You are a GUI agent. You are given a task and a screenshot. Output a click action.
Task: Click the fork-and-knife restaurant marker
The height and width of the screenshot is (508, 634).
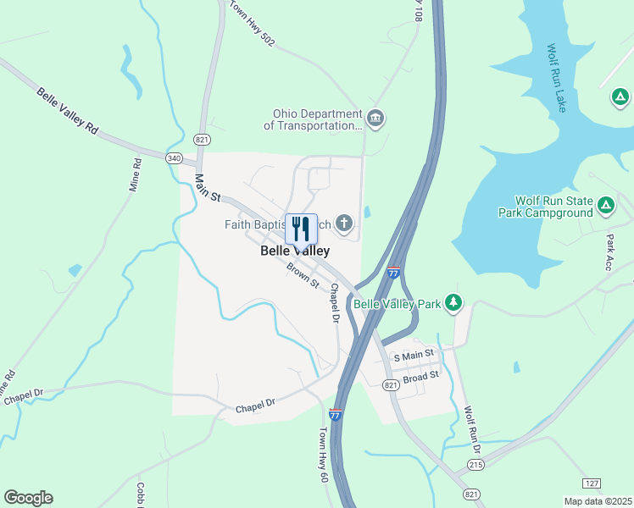301,229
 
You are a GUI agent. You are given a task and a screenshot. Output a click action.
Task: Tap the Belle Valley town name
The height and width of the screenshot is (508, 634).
294,251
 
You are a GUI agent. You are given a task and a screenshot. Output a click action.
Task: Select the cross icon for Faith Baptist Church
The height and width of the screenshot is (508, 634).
343,224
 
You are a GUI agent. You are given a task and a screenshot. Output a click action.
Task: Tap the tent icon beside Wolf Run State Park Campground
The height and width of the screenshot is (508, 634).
606,205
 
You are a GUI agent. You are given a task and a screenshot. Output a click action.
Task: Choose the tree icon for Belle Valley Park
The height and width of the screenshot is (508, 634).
454,302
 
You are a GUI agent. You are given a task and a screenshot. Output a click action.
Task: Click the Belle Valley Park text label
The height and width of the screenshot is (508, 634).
398,303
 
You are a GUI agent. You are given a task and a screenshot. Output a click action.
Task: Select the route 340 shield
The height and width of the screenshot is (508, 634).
175,157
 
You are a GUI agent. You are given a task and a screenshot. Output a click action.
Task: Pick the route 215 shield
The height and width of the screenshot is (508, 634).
476,466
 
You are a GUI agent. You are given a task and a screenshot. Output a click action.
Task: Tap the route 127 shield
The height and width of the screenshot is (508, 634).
592,483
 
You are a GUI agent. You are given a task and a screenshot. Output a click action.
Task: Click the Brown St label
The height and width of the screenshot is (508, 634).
303,275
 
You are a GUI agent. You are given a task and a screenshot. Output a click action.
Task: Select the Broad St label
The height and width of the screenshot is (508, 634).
421,377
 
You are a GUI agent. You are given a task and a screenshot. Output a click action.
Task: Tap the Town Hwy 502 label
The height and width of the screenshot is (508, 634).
252,25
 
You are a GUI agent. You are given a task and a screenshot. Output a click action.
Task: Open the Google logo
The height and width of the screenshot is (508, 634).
28,498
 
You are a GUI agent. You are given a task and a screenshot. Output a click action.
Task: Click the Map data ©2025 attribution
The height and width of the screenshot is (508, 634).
598,501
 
